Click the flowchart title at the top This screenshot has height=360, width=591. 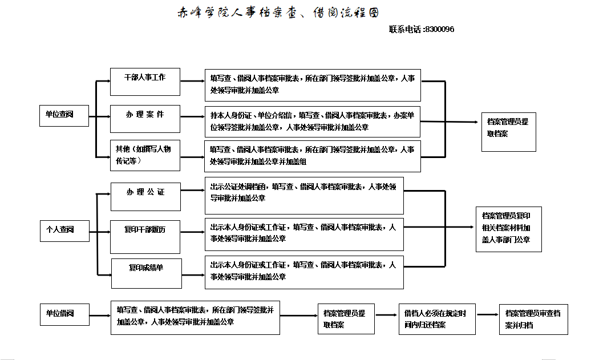[x=278, y=12]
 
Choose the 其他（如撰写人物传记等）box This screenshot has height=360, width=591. [x=145, y=155]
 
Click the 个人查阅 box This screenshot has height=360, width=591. [x=64, y=230]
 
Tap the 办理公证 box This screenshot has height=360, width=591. [x=145, y=196]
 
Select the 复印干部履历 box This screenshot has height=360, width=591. [x=145, y=234]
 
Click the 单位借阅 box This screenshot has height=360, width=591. [x=64, y=313]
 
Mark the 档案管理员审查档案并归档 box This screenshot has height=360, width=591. [x=533, y=319]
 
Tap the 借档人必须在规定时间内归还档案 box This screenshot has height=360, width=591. [x=437, y=319]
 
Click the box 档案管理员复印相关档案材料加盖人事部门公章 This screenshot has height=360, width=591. [x=508, y=229]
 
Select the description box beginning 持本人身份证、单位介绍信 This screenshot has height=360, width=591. [x=313, y=121]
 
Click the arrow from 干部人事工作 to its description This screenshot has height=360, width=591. [x=192, y=82]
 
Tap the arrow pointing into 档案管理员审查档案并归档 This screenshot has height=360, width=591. [x=488, y=314]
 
